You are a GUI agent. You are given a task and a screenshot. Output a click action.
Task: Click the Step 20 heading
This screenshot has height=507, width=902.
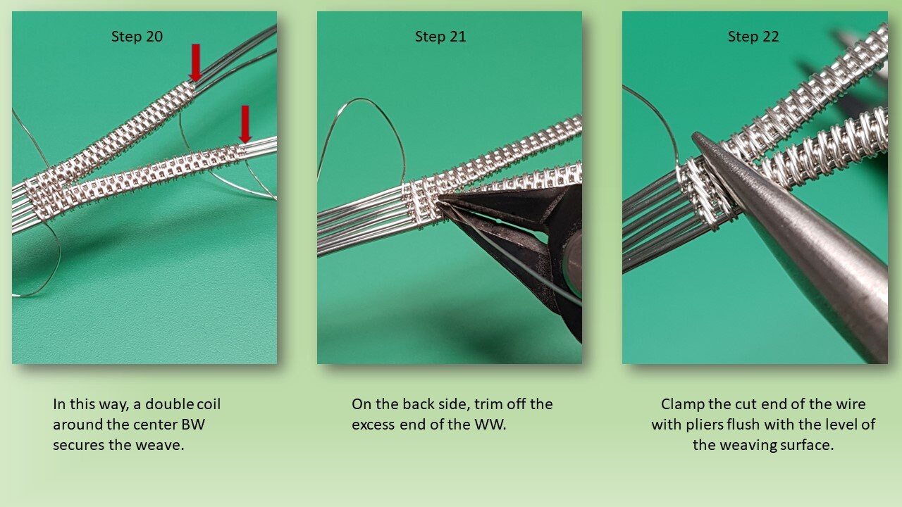click(137, 37)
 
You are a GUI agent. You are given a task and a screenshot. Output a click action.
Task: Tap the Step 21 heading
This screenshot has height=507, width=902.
click(440, 37)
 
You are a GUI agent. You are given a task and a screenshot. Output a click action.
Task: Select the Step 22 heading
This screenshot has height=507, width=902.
click(753, 37)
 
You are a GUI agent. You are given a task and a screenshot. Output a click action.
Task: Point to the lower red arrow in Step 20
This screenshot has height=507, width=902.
click(245, 123)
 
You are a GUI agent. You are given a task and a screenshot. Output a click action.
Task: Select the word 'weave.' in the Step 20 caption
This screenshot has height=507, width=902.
click(160, 445)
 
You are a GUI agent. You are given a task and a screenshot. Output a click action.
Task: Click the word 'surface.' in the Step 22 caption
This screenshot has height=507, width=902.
click(803, 445)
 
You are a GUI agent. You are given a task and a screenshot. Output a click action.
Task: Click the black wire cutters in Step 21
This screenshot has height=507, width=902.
click(536, 239)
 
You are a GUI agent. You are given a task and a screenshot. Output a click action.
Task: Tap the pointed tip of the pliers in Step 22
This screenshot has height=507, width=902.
click(698, 138)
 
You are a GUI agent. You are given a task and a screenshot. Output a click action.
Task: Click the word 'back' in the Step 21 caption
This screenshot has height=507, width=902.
click(418, 404)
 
